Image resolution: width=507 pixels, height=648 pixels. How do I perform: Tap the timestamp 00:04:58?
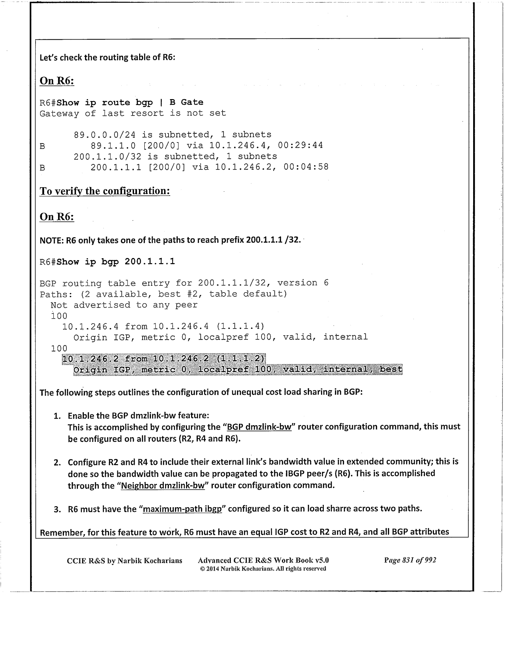click(306, 167)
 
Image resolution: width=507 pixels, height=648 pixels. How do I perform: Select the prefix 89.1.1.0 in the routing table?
click(113, 146)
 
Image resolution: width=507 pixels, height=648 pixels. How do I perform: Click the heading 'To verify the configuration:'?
click(105, 191)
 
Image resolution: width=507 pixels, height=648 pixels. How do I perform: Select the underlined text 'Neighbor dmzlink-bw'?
click(163, 485)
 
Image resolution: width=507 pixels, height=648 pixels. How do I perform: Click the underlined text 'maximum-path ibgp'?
click(183, 509)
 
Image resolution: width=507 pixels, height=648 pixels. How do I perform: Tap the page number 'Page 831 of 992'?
click(410, 560)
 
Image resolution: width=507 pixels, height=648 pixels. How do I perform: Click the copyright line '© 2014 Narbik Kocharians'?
click(263, 569)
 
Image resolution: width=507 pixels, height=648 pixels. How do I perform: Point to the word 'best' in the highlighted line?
click(391, 369)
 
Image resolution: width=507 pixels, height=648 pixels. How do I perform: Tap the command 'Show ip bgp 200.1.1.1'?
click(116, 262)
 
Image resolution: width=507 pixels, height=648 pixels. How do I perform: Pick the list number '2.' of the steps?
click(57, 463)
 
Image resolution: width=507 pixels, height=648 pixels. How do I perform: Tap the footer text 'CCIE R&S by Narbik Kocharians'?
click(124, 561)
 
